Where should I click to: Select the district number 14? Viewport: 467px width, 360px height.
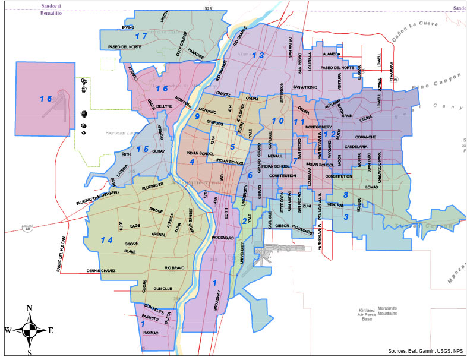106,240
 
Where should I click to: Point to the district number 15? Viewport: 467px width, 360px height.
142,149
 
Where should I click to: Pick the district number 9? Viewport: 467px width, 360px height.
197,116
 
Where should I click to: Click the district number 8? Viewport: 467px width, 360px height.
345,195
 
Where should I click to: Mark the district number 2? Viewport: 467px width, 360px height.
245,222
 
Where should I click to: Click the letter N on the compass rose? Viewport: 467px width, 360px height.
29,308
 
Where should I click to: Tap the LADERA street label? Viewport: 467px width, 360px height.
122,169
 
